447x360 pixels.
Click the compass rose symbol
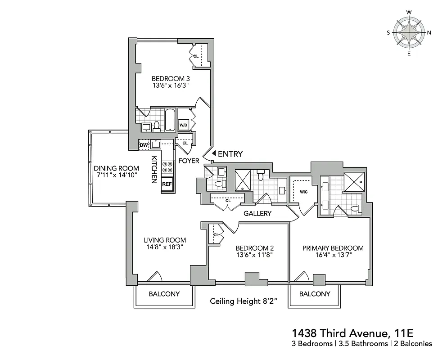click(x=409, y=32)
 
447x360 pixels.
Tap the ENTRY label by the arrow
click(x=230, y=154)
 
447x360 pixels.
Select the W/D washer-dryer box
click(x=184, y=125)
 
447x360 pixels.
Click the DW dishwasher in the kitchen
click(x=144, y=145)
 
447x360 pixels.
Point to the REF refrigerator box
click(x=167, y=184)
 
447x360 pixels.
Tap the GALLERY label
click(x=257, y=213)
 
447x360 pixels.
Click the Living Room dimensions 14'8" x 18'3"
click(x=164, y=247)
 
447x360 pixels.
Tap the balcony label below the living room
click(x=164, y=294)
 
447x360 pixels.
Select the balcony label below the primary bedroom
click(x=315, y=294)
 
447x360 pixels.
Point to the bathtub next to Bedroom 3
click(x=170, y=120)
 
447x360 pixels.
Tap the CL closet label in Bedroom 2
click(x=216, y=235)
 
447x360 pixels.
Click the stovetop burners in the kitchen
click(x=167, y=167)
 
